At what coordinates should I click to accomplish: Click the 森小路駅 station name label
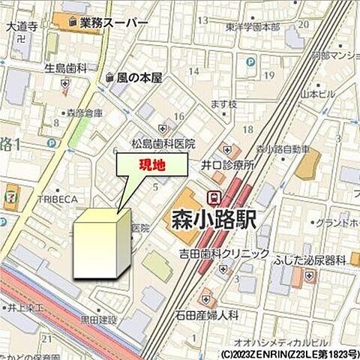[212, 220]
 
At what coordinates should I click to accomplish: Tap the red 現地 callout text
[151, 166]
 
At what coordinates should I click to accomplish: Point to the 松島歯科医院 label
[163, 143]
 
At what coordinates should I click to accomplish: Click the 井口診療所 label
[228, 164]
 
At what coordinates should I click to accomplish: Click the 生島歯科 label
[65, 69]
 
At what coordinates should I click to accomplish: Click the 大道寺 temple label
[21, 26]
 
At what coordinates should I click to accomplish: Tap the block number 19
[268, 76]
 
